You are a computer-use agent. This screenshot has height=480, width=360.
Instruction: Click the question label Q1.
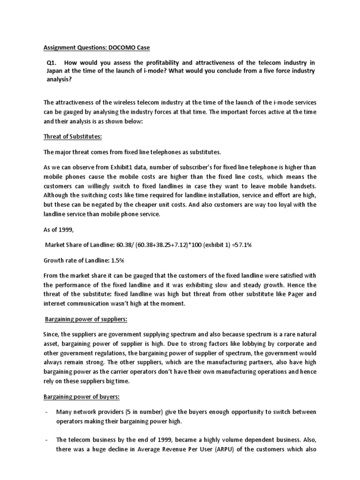pos(51,63)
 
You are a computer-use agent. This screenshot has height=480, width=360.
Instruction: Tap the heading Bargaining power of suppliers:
pos(86,319)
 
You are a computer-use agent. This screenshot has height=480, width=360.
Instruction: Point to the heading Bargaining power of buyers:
pos(82,397)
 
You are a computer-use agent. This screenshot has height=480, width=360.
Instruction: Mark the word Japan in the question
pos(53,71)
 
